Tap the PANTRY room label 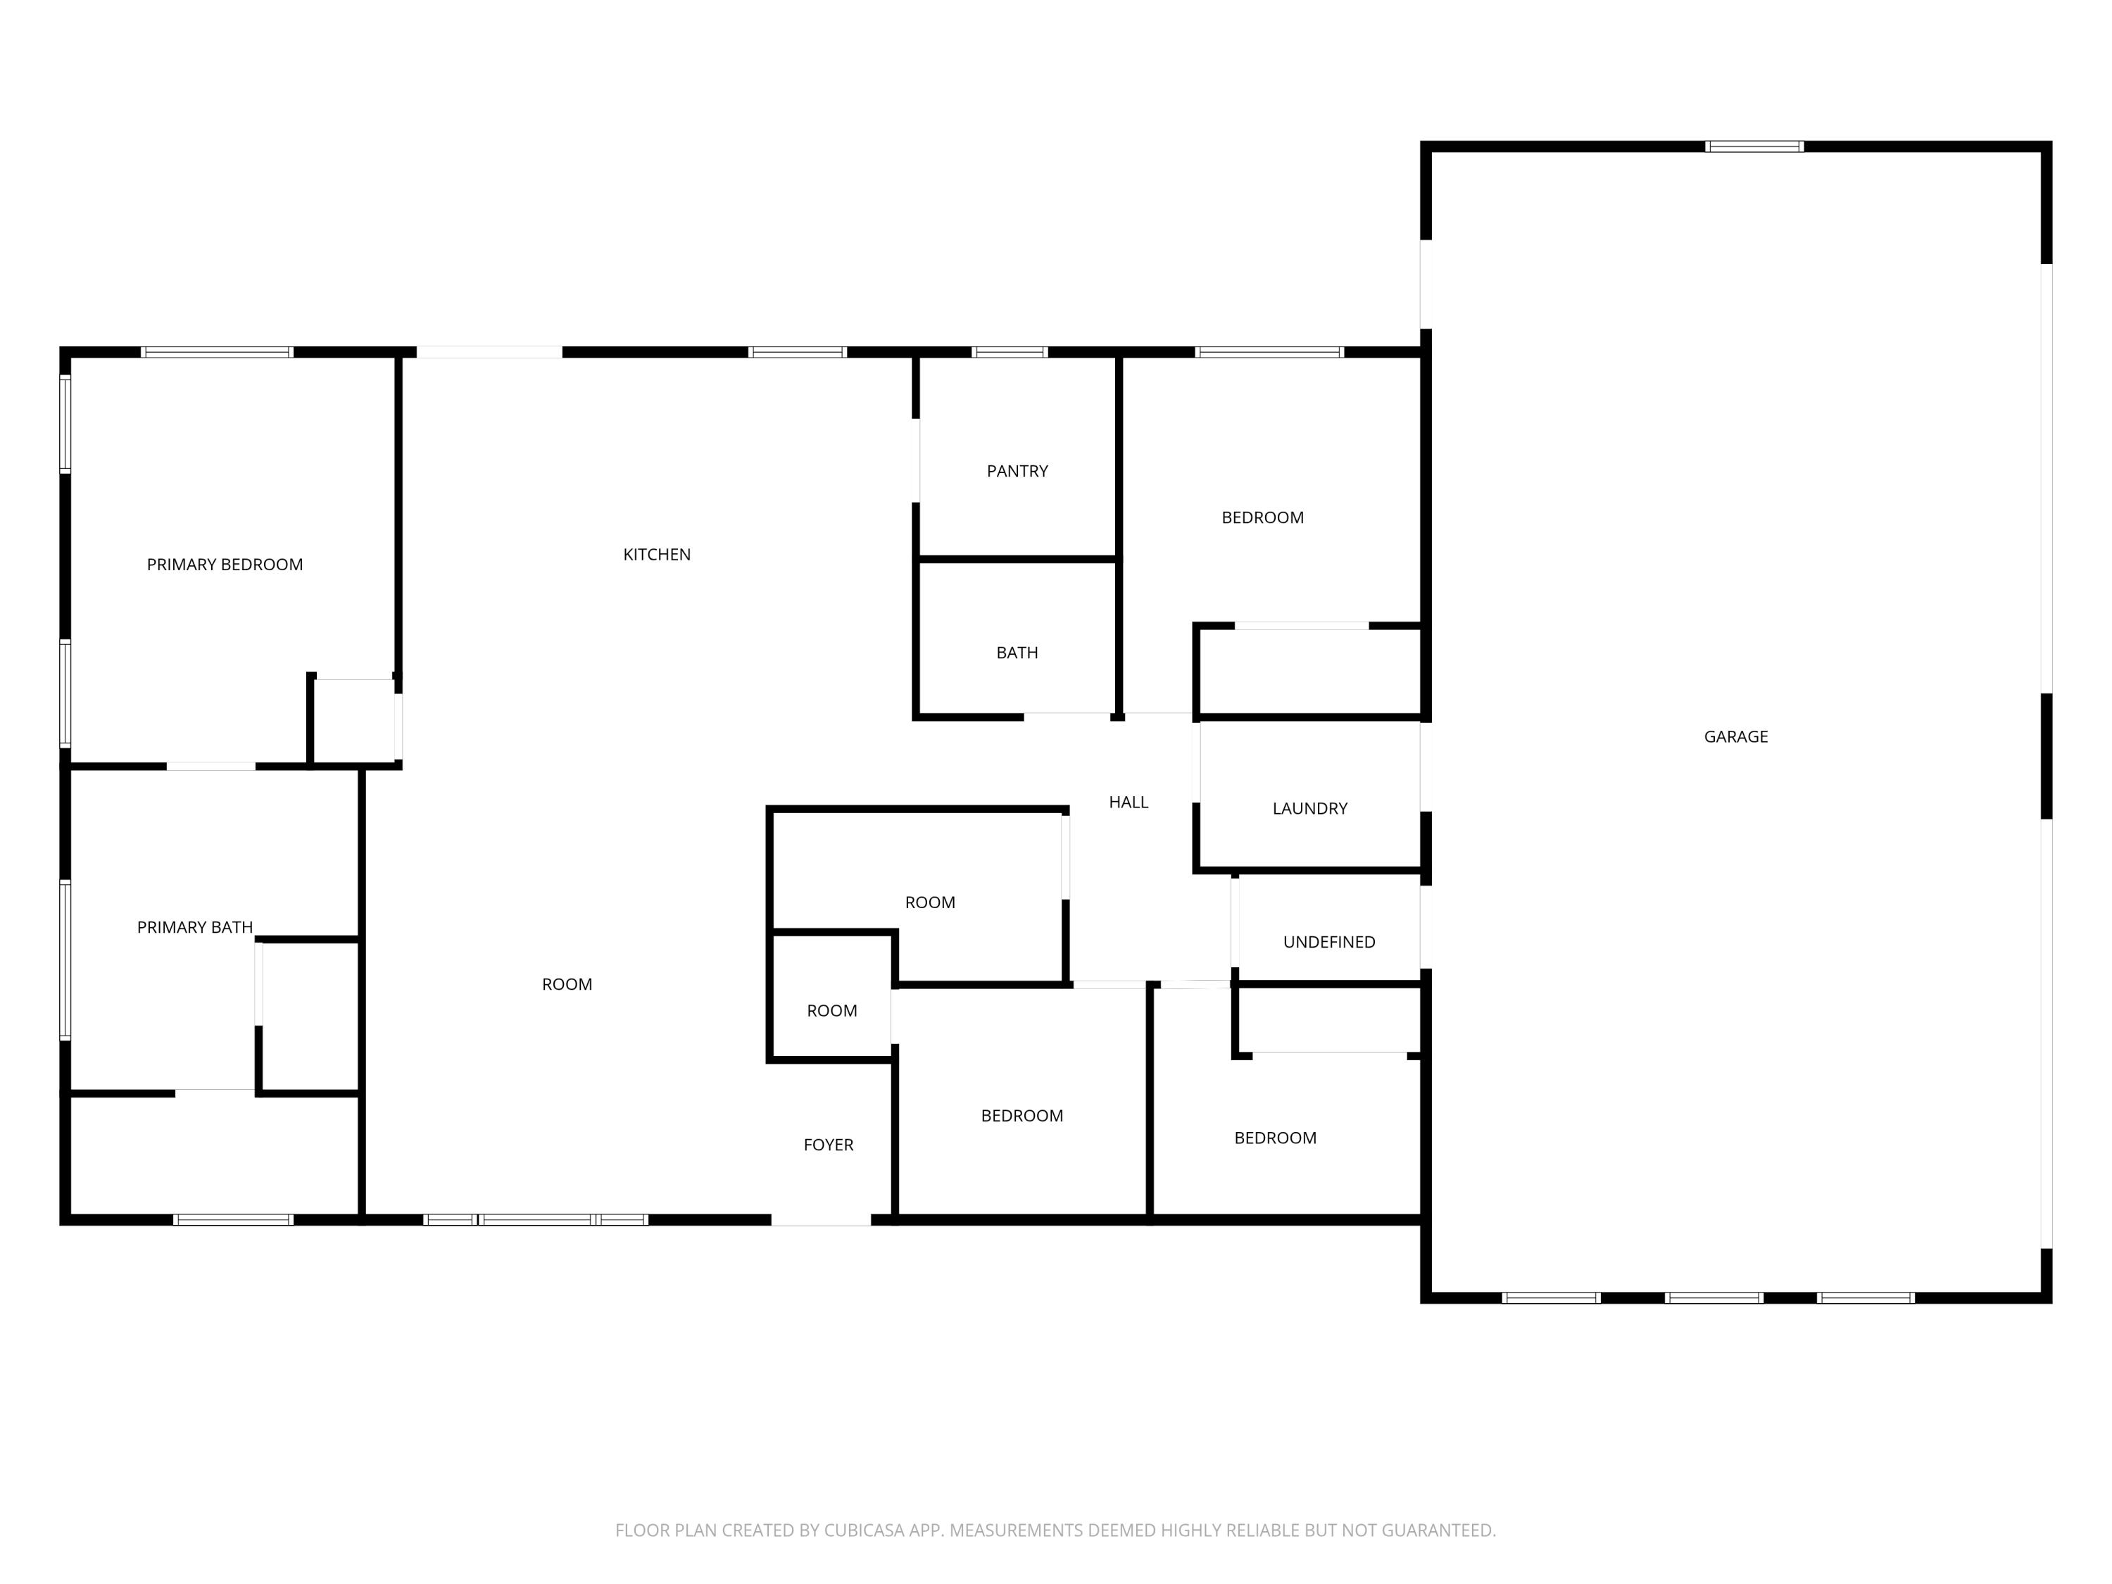(1017, 471)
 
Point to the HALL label (1128, 802)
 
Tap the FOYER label (828, 1145)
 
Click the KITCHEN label (656, 555)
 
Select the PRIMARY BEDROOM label (225, 565)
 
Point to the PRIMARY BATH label (195, 927)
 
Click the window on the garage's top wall (1754, 147)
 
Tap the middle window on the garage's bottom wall (1713, 1297)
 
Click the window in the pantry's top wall (1010, 352)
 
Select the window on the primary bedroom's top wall (217, 352)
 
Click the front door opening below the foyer (820, 1219)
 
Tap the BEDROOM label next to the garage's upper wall (1262, 517)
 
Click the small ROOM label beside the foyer (831, 1011)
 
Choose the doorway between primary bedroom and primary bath (211, 766)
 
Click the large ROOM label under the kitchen (566, 984)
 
